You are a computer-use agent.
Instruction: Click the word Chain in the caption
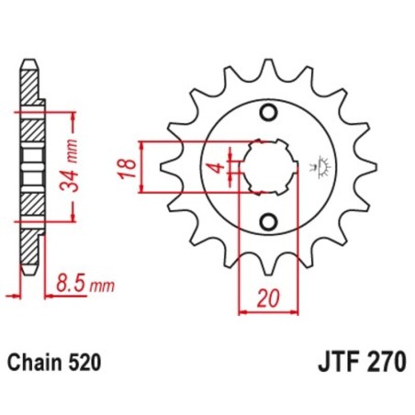(x=36, y=362)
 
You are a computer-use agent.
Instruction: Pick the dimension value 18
(x=129, y=168)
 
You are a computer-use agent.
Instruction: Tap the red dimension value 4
(x=212, y=168)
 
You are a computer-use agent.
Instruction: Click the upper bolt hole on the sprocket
(x=269, y=114)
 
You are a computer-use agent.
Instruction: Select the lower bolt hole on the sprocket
(x=269, y=222)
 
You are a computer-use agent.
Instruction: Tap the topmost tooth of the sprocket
(x=269, y=68)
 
